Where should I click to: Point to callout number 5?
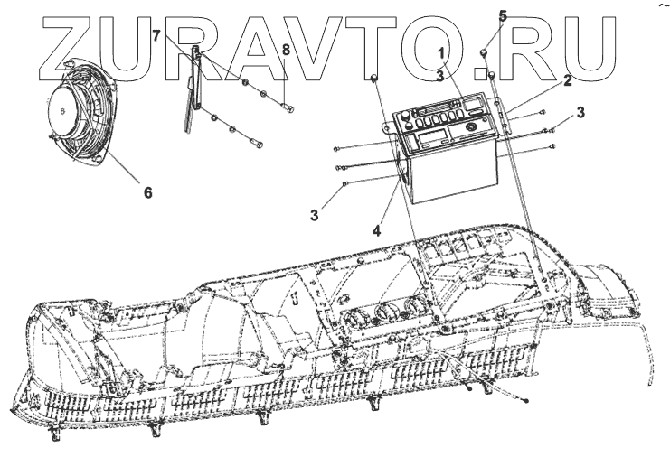point(504,15)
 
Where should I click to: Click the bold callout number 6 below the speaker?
point(146,191)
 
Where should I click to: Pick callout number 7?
point(156,36)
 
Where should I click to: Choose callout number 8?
point(285,50)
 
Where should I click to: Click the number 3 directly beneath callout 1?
point(439,76)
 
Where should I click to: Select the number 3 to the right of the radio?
point(580,112)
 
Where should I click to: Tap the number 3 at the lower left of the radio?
point(316,215)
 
